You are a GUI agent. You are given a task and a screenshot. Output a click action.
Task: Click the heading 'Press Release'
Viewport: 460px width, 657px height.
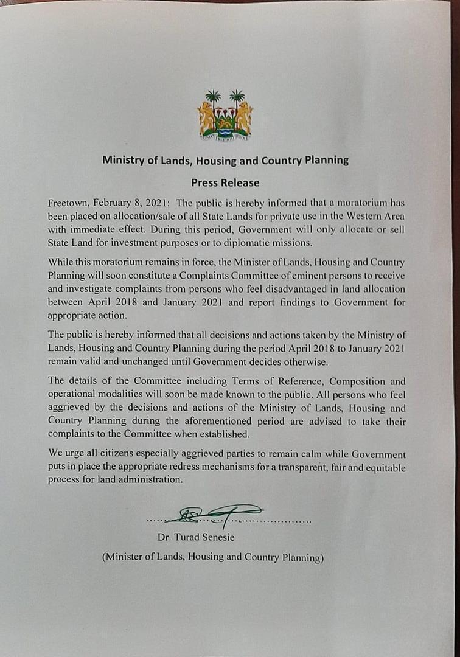point(225,182)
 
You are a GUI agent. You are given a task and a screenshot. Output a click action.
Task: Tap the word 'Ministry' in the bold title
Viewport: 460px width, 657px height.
point(121,161)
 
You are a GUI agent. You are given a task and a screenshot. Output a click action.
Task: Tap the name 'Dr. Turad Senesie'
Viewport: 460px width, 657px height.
point(195,537)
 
